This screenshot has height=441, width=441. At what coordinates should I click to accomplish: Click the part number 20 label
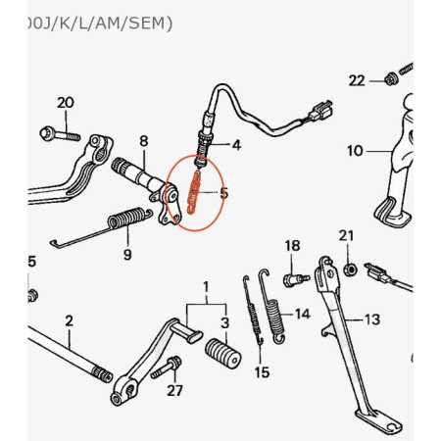click(66, 103)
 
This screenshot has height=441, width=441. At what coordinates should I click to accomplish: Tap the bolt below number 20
click(60, 134)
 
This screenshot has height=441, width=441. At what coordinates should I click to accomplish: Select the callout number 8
click(144, 141)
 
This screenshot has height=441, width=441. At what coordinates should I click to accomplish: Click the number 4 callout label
click(236, 145)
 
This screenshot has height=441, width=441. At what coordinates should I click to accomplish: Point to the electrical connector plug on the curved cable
click(320, 111)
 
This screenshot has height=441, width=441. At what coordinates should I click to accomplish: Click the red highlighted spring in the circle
click(193, 191)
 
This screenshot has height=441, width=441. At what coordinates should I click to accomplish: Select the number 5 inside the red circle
click(223, 193)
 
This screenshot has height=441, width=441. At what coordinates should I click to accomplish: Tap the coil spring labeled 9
click(126, 218)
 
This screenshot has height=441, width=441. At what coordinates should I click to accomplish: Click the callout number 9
click(127, 255)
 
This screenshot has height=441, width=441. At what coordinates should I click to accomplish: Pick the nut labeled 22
click(389, 79)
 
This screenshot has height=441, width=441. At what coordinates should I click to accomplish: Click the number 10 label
click(355, 151)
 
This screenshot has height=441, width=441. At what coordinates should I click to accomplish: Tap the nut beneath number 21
click(350, 269)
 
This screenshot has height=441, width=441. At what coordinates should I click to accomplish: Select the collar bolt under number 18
click(295, 279)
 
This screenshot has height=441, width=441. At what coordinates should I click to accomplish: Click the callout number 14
click(303, 315)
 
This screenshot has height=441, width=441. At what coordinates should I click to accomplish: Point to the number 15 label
click(262, 372)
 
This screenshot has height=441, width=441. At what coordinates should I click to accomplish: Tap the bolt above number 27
click(167, 367)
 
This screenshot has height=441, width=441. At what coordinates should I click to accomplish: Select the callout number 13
click(372, 319)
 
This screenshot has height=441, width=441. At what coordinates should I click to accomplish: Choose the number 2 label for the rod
click(69, 320)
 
